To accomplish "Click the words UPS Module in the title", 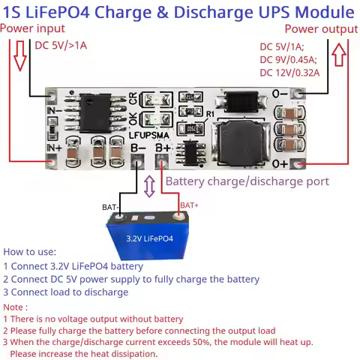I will pyautogui.click(x=303, y=13).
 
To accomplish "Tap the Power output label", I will pyautogui.click(x=321, y=28).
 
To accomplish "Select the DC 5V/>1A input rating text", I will pyautogui.click(x=61, y=45).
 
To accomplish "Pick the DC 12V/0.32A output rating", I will pyautogui.click(x=289, y=73).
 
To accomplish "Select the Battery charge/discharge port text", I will pyautogui.click(x=247, y=181).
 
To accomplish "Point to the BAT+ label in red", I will pyautogui.click(x=189, y=205).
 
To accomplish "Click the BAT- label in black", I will pyautogui.click(x=111, y=207).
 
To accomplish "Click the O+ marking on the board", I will pyautogui.click(x=280, y=163).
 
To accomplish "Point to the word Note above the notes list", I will pyautogui.click(x=15, y=307).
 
